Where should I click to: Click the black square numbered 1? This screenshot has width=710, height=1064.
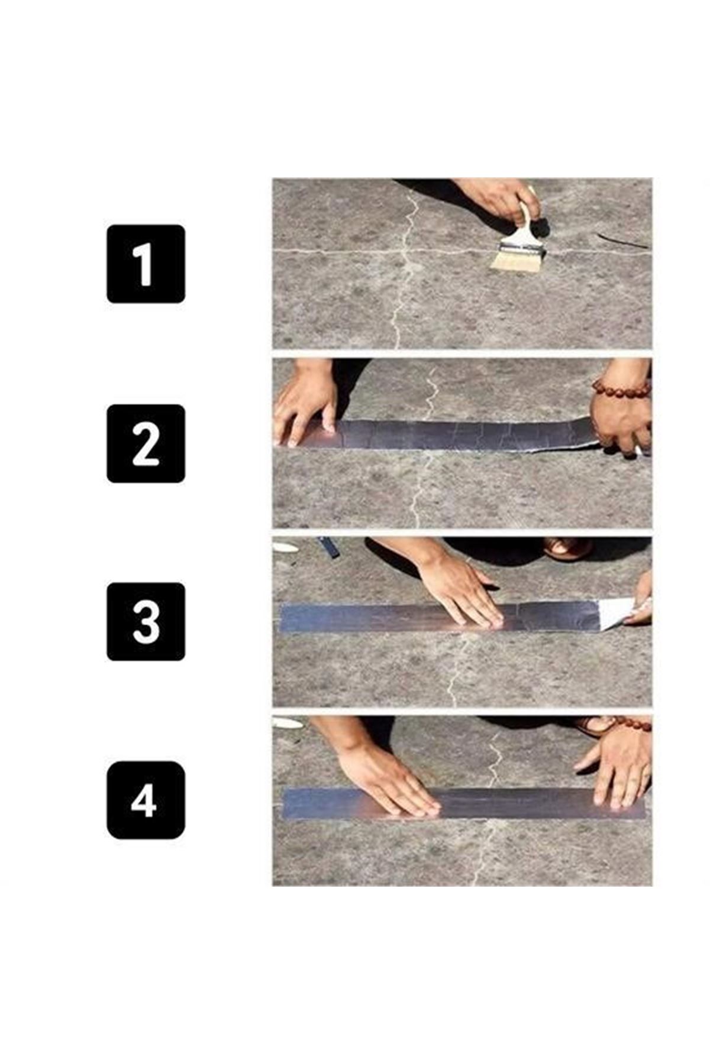point(146,264)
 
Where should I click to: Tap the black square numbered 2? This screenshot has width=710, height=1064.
point(146,443)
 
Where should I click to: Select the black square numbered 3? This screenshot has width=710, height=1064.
point(146,621)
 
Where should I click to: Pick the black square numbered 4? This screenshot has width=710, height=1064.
point(146,800)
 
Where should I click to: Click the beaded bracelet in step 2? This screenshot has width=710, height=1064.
point(621,389)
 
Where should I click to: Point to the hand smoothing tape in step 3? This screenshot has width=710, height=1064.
point(461,591)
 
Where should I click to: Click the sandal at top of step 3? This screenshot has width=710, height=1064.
point(567,548)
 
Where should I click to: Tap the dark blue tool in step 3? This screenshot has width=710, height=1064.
point(329,547)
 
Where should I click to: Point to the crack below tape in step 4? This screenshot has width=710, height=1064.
point(482,851)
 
